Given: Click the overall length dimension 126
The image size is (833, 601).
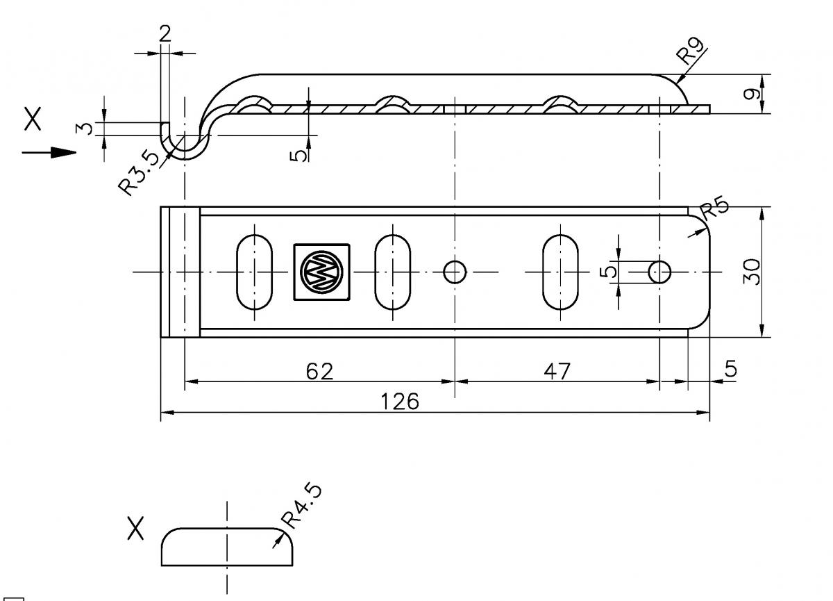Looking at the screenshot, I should (400, 402).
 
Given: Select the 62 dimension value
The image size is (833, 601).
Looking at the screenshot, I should (319, 371).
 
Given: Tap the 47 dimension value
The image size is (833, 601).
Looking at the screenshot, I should (556, 371).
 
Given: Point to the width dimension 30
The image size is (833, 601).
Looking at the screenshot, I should (751, 272).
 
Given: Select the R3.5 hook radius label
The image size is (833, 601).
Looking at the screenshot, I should (138, 174).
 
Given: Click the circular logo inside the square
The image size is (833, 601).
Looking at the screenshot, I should (321, 272).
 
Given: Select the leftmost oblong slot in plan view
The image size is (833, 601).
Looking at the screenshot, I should (255, 272).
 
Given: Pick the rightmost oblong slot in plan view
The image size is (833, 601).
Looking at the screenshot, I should (560, 272).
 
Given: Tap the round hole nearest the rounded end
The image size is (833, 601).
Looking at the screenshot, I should (659, 272).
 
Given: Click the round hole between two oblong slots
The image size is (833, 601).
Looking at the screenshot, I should (455, 272).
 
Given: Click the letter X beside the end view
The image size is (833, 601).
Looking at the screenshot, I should (136, 529).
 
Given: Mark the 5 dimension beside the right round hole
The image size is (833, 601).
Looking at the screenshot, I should (609, 270).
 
